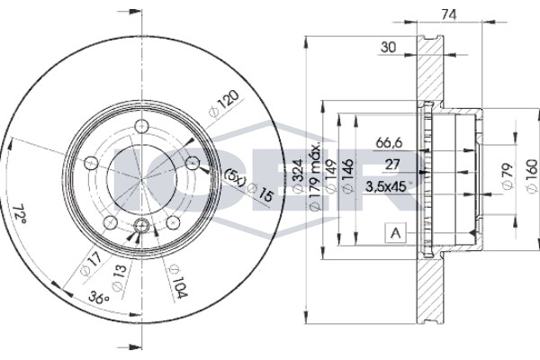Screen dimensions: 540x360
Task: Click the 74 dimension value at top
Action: click(449, 14)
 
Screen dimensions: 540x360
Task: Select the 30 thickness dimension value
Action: click(389, 47)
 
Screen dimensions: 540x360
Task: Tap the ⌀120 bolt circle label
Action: click(224, 103)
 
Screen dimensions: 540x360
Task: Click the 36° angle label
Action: click(99, 297)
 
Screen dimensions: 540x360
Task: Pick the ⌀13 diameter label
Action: click(120, 277)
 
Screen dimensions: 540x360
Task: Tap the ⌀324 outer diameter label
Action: click(298, 175)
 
